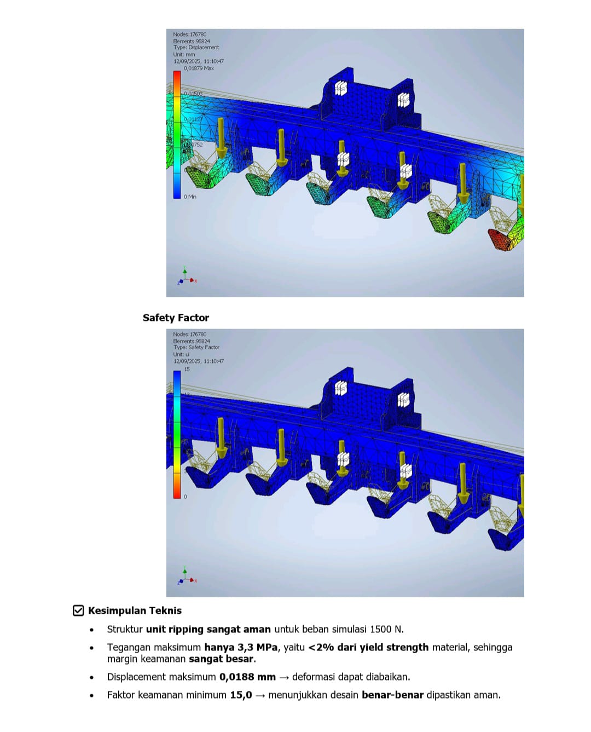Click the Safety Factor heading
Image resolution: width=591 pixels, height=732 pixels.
click(176, 318)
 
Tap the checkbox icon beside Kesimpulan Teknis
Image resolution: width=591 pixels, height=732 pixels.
click(78, 610)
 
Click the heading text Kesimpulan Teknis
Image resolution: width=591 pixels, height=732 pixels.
click(135, 610)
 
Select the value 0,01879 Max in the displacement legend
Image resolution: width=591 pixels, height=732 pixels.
click(199, 68)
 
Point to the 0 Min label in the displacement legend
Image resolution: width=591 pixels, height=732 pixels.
click(190, 197)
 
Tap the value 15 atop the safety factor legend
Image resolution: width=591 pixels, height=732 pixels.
click(187, 369)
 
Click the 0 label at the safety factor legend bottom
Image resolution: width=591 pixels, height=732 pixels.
click(185, 497)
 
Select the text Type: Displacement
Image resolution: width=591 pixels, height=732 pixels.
click(196, 48)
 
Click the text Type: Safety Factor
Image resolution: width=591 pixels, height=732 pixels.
click(196, 347)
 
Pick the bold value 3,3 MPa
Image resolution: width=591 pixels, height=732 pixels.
click(241, 647)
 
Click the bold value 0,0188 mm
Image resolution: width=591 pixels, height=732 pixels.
click(247, 677)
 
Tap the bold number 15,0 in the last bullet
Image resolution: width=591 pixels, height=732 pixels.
click(241, 695)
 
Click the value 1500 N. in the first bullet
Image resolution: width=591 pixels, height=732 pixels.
click(387, 629)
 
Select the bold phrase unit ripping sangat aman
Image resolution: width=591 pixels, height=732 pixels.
click(208, 629)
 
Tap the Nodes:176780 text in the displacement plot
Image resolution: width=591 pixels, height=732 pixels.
click(189, 34)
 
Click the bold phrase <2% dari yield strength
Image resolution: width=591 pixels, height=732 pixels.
click(368, 647)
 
